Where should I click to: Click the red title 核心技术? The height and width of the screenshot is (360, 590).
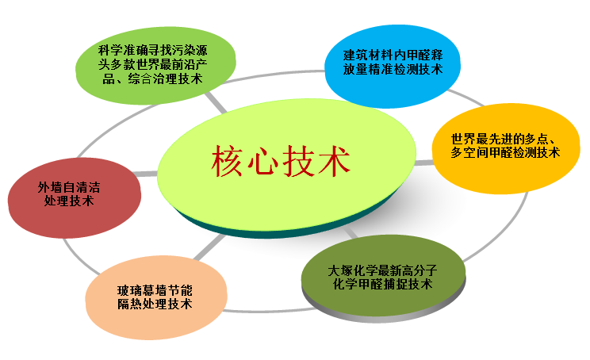tap(281, 161)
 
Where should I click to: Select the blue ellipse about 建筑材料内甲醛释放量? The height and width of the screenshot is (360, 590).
tap(393, 66)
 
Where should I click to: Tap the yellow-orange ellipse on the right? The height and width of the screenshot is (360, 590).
tap(506, 148)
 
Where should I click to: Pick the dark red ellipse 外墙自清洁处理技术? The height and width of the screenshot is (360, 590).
tap(74, 197)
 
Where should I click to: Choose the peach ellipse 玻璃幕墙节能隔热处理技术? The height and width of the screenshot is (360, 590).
tap(156, 297)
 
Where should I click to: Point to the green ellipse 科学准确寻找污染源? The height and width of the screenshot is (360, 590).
tap(155, 65)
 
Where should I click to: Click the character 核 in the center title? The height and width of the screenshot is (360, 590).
tap(227, 161)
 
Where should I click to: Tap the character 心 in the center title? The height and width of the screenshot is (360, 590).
tap(262, 162)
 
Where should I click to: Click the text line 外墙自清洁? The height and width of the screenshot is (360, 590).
tap(69, 187)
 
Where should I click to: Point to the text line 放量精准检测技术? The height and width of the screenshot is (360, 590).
tap(393, 70)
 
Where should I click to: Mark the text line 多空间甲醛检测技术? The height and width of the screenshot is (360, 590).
tap(505, 152)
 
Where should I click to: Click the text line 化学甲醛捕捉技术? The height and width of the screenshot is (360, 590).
tap(383, 284)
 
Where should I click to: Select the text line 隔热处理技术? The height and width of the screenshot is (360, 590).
tap(155, 304)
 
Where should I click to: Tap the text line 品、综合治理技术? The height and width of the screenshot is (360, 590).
tap(153, 79)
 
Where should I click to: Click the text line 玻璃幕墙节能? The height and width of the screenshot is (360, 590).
tap(155, 290)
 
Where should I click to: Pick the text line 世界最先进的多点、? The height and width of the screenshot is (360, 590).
tap(504, 139)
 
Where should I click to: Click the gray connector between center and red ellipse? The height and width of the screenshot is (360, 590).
tap(145, 174)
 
